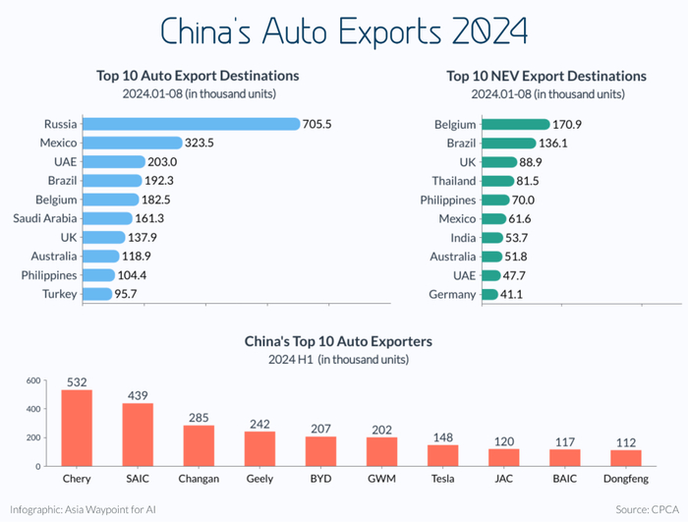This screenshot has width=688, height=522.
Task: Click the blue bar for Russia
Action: coord(191,124)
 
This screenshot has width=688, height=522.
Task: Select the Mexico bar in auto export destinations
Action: coord(132,143)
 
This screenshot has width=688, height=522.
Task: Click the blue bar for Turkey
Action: coord(96,294)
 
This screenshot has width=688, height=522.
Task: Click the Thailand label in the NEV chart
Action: coord(454,181)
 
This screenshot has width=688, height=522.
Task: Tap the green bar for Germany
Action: coord(489,294)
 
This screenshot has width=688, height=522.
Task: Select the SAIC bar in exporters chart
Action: coord(138,435)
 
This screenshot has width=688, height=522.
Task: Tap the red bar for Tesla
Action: coord(442,455)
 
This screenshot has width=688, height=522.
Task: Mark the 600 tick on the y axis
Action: coord(32,380)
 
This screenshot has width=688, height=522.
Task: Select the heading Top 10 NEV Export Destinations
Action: coord(546,76)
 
